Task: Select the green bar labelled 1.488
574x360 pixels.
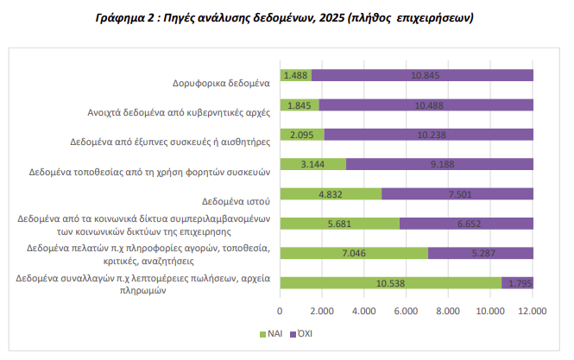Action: point(296,75)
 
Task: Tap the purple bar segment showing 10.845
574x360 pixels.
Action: point(422,75)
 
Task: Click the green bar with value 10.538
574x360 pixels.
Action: point(391,282)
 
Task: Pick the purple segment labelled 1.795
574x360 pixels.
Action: point(517,282)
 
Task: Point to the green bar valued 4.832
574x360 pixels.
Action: point(331,193)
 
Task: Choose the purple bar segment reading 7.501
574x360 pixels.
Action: point(457,193)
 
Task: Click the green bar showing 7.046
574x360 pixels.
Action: point(354,253)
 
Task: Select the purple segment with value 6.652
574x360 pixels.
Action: point(466,224)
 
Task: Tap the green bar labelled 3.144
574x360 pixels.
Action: point(312,164)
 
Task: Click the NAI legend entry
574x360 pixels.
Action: point(269,332)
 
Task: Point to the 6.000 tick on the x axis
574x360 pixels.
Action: point(407,311)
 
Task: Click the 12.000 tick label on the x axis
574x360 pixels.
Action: point(532,311)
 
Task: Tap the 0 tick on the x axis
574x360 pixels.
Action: point(281,311)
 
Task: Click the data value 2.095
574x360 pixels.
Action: point(301,135)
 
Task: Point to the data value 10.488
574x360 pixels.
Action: point(429,104)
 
